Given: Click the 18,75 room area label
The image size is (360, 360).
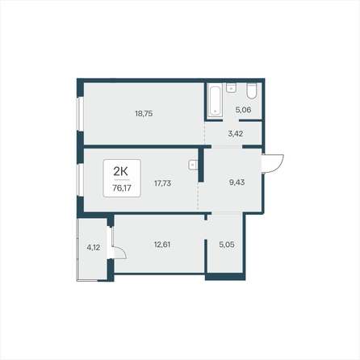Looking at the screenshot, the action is coord(144,114).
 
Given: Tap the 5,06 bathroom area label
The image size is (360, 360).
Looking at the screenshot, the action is coord(243,110).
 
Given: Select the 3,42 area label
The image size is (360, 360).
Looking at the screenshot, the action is coord(236,134).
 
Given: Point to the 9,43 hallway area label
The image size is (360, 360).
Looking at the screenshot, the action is coord(237,182).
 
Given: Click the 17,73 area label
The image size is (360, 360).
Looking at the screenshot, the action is coord(162,183).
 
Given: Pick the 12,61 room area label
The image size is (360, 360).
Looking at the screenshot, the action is coord(162,245).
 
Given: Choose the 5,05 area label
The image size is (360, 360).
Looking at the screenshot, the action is coord(227,245).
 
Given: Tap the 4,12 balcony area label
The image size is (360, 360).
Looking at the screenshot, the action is coord(94,248).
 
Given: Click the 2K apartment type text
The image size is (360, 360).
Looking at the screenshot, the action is coord(120,171).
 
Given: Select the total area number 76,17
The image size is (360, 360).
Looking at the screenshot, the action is coord(122,188).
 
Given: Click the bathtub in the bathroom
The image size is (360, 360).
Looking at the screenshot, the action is coord(215,100).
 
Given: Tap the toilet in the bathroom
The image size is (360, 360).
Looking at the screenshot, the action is coord(252,91).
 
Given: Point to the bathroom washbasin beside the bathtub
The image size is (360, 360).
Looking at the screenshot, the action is coord(231,88).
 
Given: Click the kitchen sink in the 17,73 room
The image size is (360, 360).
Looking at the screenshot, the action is coord(193,165).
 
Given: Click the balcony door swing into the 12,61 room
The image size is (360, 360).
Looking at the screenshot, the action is coord(119,253).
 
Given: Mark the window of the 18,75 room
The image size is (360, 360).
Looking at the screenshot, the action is coord(80,114).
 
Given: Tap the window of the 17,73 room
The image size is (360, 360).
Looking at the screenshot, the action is coord(80,180).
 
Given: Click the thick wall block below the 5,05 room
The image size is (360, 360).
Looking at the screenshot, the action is coord(225,277).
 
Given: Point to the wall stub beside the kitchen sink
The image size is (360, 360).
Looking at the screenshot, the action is coord(201,165).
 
